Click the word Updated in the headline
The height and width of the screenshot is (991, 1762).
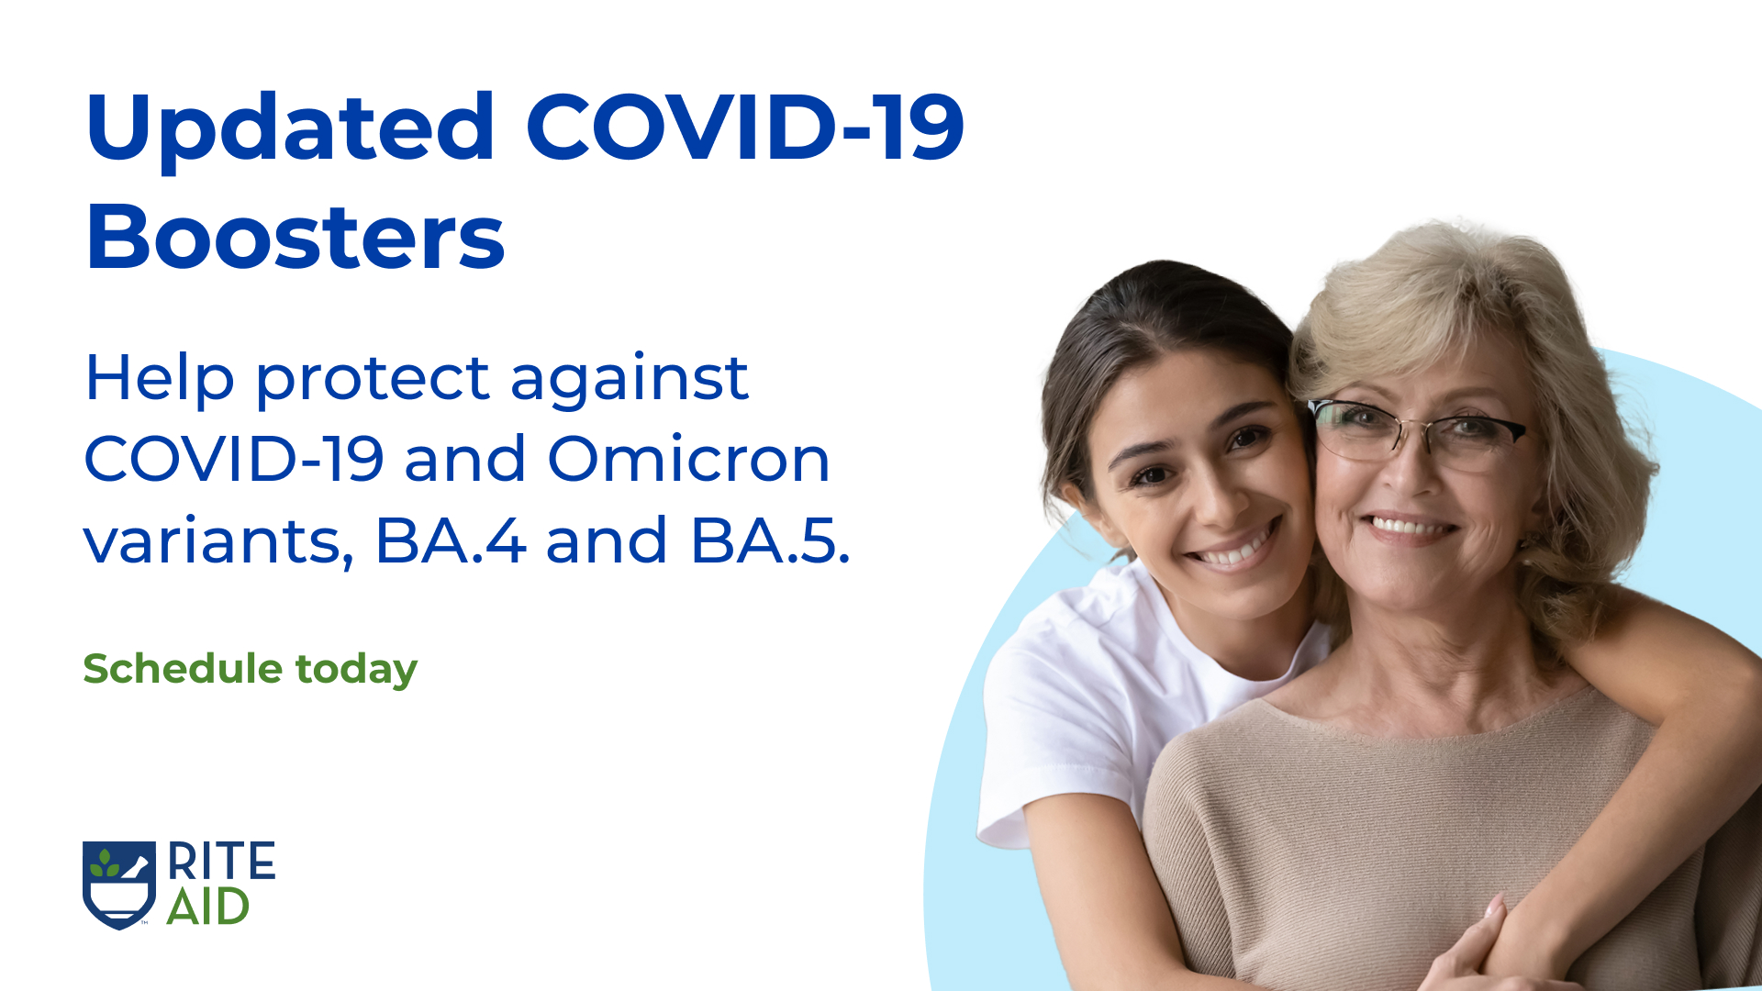point(290,128)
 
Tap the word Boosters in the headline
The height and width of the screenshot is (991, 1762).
point(295,238)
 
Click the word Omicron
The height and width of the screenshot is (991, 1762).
point(688,459)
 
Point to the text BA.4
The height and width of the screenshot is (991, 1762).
point(450,540)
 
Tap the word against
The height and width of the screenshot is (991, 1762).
point(629,378)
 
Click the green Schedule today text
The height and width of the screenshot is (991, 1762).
point(250,669)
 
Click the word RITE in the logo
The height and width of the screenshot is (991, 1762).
point(221,862)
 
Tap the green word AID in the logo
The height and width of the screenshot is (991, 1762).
point(208,907)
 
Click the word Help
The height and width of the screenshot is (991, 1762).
point(160,378)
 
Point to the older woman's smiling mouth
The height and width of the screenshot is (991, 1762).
point(1409,528)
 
